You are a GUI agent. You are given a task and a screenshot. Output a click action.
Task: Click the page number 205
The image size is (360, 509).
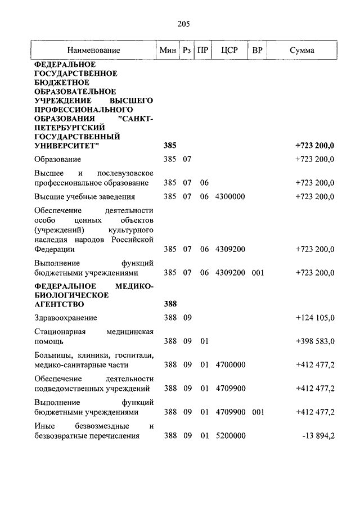click(183, 23)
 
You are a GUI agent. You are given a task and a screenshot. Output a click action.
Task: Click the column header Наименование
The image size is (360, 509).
click(94, 50)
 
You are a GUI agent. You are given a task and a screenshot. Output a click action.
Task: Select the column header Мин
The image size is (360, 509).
click(168, 50)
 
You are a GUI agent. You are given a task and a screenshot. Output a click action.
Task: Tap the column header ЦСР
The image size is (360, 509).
click(229, 50)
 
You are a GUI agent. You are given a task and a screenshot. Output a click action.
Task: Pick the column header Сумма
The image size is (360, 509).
click(302, 50)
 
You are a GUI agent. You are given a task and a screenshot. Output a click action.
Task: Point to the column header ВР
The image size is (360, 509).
click(258, 50)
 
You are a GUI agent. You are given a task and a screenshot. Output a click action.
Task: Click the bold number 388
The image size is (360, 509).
click(170, 304)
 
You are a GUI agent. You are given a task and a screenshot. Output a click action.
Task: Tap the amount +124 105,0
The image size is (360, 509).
click(315, 318)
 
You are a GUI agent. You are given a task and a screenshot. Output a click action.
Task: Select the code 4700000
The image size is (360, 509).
click(231, 365)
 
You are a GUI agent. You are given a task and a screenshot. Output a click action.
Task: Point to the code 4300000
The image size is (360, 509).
click(231, 196)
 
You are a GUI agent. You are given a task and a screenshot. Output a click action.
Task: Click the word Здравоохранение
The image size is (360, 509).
click(65, 318)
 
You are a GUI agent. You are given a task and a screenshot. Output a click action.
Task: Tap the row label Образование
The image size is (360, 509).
click(56, 159)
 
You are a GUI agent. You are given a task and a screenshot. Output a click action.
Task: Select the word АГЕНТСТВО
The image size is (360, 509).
click(59, 304)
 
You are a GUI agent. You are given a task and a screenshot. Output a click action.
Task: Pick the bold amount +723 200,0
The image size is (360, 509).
click(314, 146)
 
